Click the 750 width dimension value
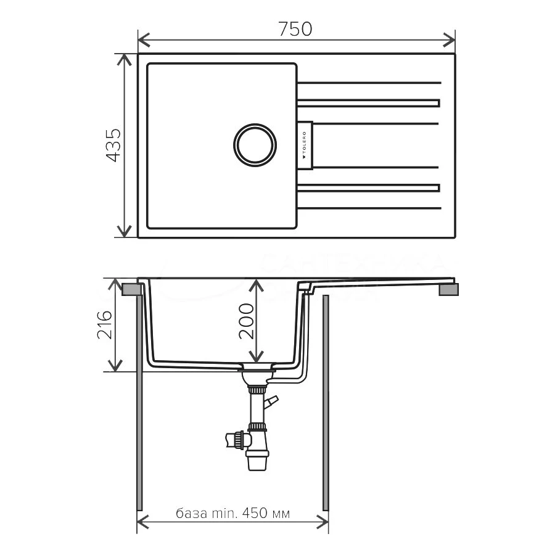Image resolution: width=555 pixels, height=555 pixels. (x=296, y=29)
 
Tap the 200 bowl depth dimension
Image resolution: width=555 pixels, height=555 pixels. (x=246, y=321)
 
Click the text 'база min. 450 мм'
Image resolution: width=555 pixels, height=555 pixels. (x=232, y=513)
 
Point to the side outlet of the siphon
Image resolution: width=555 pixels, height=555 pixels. (x=235, y=440)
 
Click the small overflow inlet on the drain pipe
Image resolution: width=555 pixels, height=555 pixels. (x=271, y=401)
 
